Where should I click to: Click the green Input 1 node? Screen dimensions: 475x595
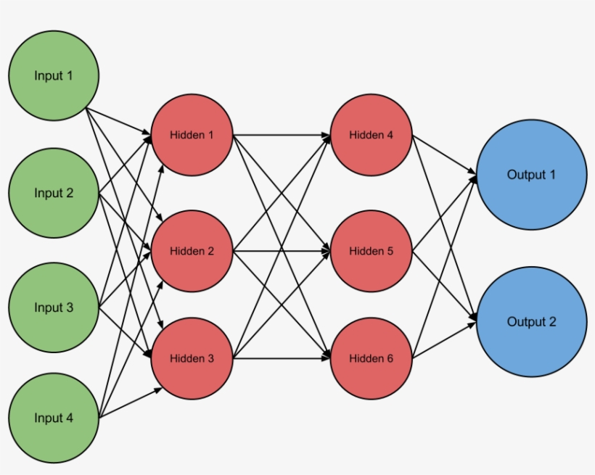tap(54, 75)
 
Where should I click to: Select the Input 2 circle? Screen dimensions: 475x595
tap(54, 193)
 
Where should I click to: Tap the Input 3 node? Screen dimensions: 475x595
tap(54, 307)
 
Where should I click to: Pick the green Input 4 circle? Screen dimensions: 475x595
tap(54, 418)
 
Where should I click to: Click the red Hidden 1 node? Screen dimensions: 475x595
tap(192, 135)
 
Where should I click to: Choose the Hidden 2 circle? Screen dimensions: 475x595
tap(192, 251)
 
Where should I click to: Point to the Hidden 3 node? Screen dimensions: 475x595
tap(192, 358)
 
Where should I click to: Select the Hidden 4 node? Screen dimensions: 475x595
tap(371, 135)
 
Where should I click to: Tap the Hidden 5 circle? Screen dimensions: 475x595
tap(371, 251)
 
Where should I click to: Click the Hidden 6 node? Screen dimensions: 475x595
tap(371, 358)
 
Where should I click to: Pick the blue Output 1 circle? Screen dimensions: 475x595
tap(531, 175)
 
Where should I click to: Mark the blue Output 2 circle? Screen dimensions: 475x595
tap(531, 321)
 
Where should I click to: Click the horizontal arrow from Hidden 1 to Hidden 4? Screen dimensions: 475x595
tap(282, 135)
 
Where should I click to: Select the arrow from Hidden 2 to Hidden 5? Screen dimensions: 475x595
tap(282, 251)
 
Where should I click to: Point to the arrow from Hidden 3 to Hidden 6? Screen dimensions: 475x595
tap(282, 358)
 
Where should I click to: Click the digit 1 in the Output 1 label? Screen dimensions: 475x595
tap(552, 175)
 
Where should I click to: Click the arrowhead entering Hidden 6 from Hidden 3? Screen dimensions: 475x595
tap(327, 358)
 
